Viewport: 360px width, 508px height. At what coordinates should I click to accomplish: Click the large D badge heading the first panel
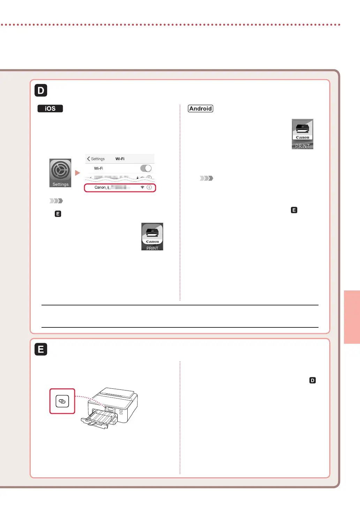(41, 90)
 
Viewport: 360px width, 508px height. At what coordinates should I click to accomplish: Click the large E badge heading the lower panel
(41, 349)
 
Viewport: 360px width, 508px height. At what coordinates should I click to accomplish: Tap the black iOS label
(50, 109)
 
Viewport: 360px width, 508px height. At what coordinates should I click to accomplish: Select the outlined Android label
(201, 109)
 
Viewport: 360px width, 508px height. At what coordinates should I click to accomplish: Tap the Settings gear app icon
(60, 173)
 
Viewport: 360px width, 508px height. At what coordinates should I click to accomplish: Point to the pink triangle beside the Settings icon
(77, 173)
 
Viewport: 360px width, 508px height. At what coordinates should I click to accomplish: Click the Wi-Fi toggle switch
(146, 168)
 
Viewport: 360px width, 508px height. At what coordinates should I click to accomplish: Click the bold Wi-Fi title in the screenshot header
(120, 159)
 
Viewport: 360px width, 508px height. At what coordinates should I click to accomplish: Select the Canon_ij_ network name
(102, 187)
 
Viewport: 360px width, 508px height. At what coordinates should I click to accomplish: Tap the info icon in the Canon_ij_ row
(149, 187)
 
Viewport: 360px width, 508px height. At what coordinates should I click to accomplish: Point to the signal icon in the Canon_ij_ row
(142, 187)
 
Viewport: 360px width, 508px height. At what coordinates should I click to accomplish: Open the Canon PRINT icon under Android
(302, 134)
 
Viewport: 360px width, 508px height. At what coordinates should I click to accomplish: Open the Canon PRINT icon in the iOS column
(152, 236)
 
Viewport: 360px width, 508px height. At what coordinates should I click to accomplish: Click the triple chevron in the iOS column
(56, 201)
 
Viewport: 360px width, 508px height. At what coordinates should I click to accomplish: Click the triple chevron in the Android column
(207, 178)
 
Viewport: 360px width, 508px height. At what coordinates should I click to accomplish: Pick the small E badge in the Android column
(294, 210)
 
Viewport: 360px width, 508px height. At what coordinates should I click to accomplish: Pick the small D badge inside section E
(313, 380)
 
